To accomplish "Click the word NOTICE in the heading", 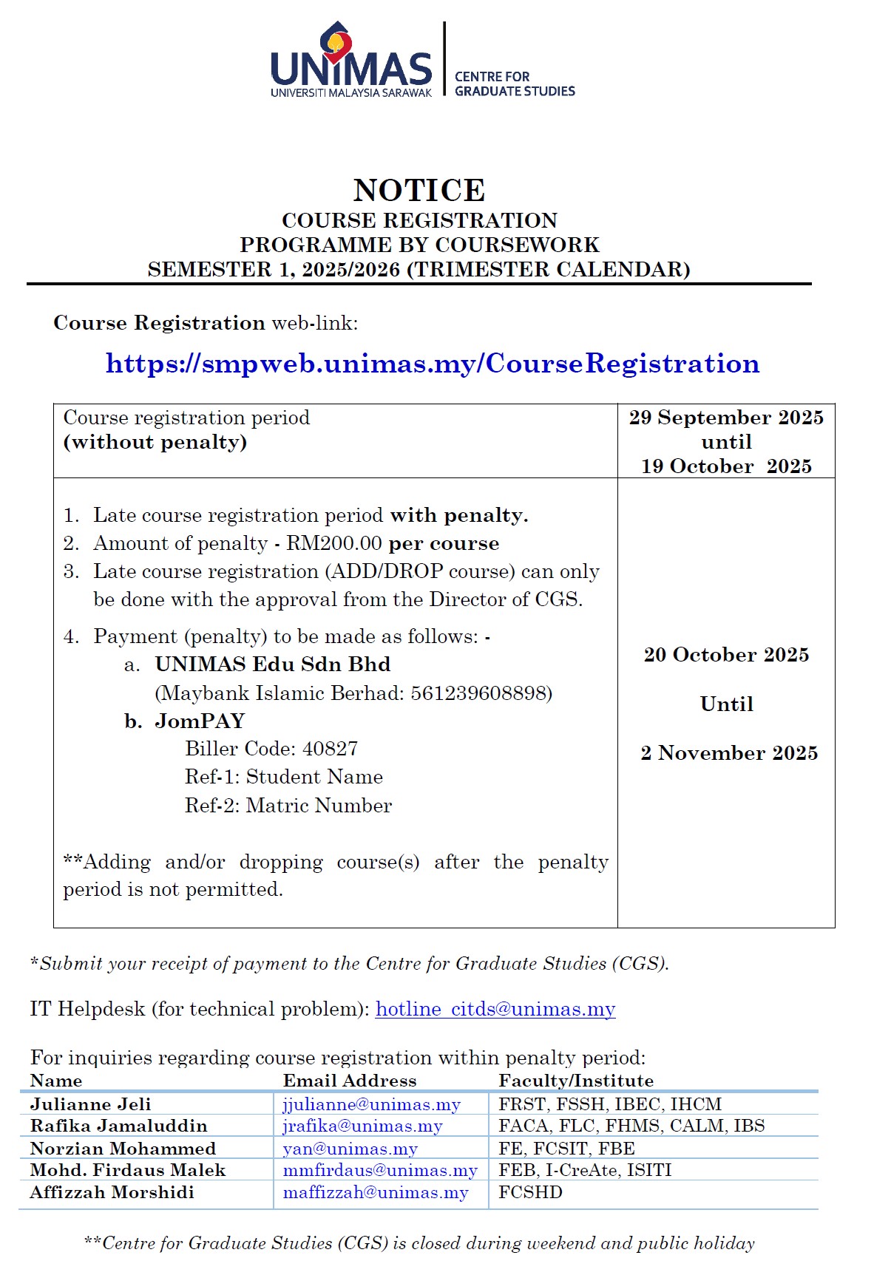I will pos(419,191).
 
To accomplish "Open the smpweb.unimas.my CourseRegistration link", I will pos(433,364).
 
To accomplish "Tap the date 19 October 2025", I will pos(726,466).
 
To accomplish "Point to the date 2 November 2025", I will pos(729,753).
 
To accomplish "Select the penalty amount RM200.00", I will pos(334,544).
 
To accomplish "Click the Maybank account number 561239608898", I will pos(481,693).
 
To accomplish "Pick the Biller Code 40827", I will pos(330,749).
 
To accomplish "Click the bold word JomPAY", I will pos(200,721).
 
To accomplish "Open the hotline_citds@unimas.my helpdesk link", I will pos(495,1010).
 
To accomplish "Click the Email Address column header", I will pos(350,1081).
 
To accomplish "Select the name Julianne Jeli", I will pos(90,1104).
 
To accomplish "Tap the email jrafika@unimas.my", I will pos(362,1126).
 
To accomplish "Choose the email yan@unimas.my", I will pos(350,1149).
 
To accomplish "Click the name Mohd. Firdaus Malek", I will pos(128,1170).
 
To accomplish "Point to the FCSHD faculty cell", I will pos(530,1192).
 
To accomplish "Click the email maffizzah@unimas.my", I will pos(376,1193).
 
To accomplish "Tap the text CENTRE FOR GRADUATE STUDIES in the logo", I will pos(515,84).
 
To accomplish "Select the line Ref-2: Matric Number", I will pos(288,806).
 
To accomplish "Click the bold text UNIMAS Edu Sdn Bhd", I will pos(272,664).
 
